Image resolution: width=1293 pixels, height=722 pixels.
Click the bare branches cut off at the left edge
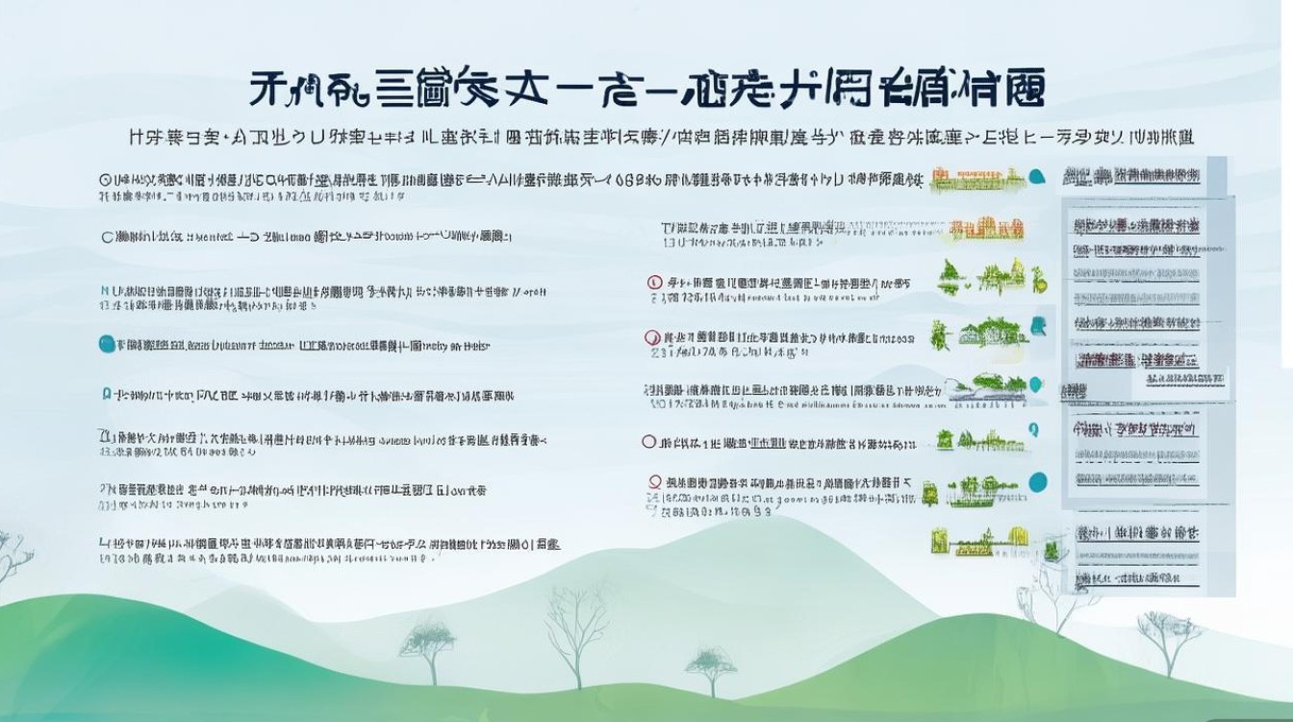coord(12,558)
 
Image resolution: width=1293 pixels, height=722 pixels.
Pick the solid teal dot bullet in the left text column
coord(106,344)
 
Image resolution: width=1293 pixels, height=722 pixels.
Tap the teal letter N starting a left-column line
coord(104,289)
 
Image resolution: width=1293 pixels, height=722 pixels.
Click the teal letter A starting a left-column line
coord(105,394)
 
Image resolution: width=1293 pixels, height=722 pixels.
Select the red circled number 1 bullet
coord(654,283)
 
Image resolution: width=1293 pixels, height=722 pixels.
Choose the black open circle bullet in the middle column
coord(648,442)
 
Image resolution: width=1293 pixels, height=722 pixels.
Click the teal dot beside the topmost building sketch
coord(1037,177)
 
